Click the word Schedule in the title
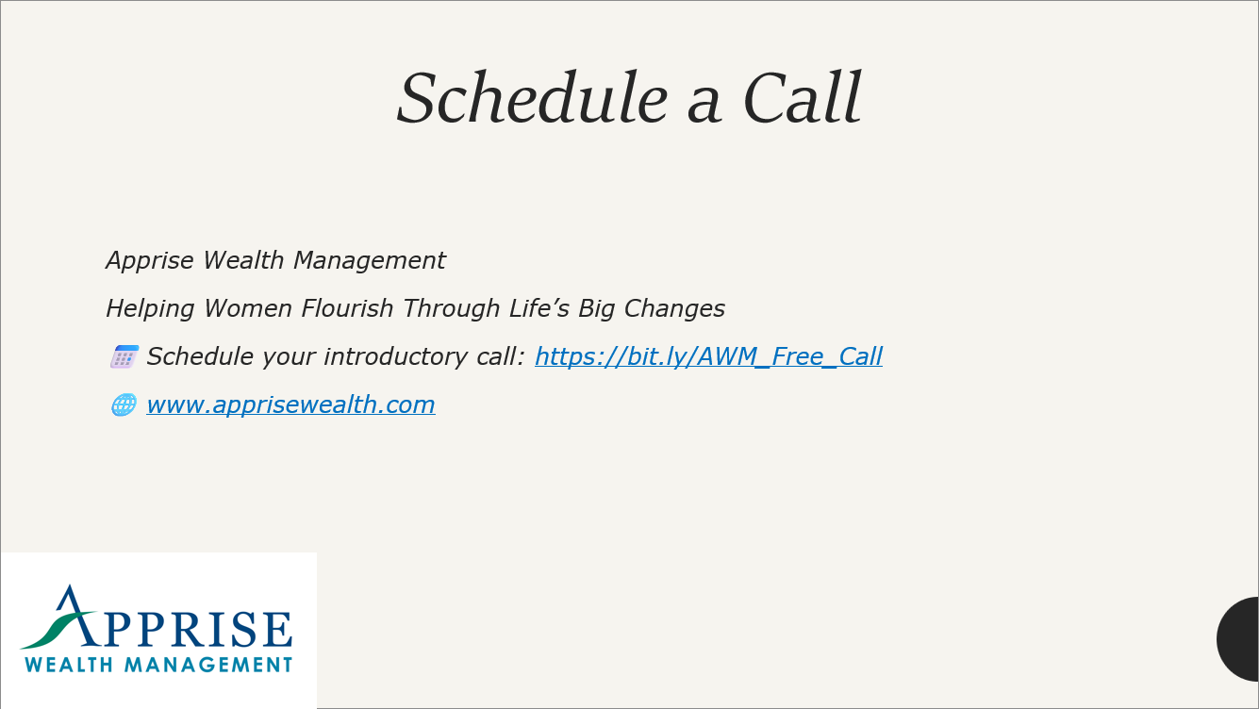532,97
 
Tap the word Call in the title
802,97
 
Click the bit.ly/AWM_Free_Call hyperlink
708,356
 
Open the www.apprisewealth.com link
290,405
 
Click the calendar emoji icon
124,356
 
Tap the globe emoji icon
124,405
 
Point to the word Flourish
347,308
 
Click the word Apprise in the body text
150,261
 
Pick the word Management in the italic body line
370,261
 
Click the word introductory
394,356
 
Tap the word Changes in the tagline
674,309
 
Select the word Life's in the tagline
539,308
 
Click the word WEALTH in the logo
69,665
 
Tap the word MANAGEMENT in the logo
208,665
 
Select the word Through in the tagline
451,309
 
